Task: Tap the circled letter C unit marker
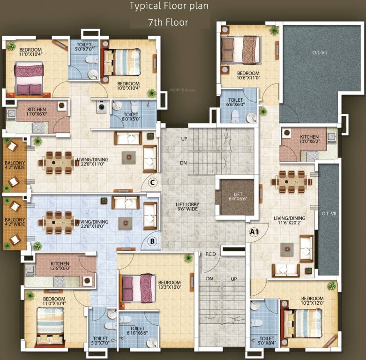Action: coord(152,183)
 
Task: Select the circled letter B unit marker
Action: coord(152,242)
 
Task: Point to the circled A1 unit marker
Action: coord(254,232)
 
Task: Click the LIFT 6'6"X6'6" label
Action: coord(238,197)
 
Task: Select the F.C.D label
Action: coord(210,254)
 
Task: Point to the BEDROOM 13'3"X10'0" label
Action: coord(170,285)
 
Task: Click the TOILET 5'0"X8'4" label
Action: coord(267,341)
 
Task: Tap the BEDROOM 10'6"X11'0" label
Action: coord(248,76)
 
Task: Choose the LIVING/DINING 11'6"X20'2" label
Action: coord(293,221)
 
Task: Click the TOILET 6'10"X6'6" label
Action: coord(137,331)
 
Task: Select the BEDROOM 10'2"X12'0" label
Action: coord(313,301)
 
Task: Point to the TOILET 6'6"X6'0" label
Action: coord(235,103)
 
